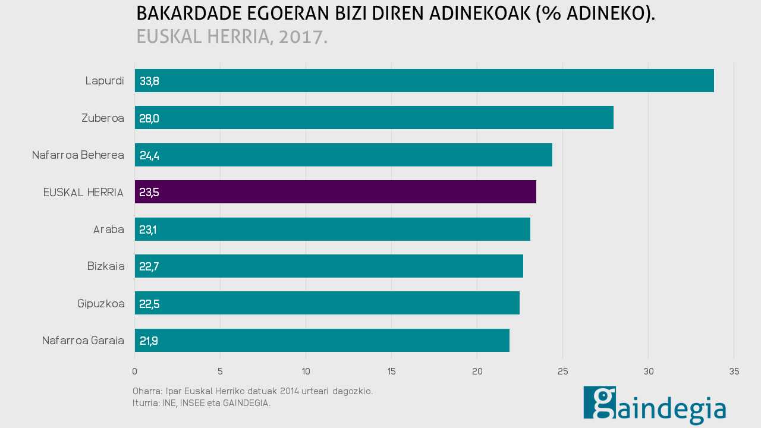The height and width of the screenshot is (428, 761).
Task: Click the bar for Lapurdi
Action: pos(424,81)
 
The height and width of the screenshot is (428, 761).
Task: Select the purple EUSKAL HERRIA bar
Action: pos(335,192)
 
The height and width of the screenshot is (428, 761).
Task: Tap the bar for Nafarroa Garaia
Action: pos(322,341)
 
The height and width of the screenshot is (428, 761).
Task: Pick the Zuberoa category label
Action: pos(103,118)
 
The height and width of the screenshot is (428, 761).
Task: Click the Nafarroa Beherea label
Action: pos(78,155)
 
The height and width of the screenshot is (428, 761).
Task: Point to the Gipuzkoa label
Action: pos(101,304)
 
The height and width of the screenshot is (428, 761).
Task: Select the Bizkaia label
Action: pos(106,266)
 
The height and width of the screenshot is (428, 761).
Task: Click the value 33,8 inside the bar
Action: pos(149,81)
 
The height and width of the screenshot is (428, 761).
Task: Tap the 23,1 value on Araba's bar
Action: pos(147,229)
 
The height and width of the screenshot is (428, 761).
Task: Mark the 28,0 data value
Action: pos(149,118)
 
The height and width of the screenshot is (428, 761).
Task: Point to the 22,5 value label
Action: pos(149,304)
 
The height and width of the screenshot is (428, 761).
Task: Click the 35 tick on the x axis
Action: pos(734,372)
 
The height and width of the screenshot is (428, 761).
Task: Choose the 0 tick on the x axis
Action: pos(135,372)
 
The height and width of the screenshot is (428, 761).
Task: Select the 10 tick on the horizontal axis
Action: pos(306,372)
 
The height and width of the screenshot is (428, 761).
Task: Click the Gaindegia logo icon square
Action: pos(599,402)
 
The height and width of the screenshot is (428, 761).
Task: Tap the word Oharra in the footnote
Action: pos(146,391)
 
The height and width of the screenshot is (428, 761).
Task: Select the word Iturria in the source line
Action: pos(146,403)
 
